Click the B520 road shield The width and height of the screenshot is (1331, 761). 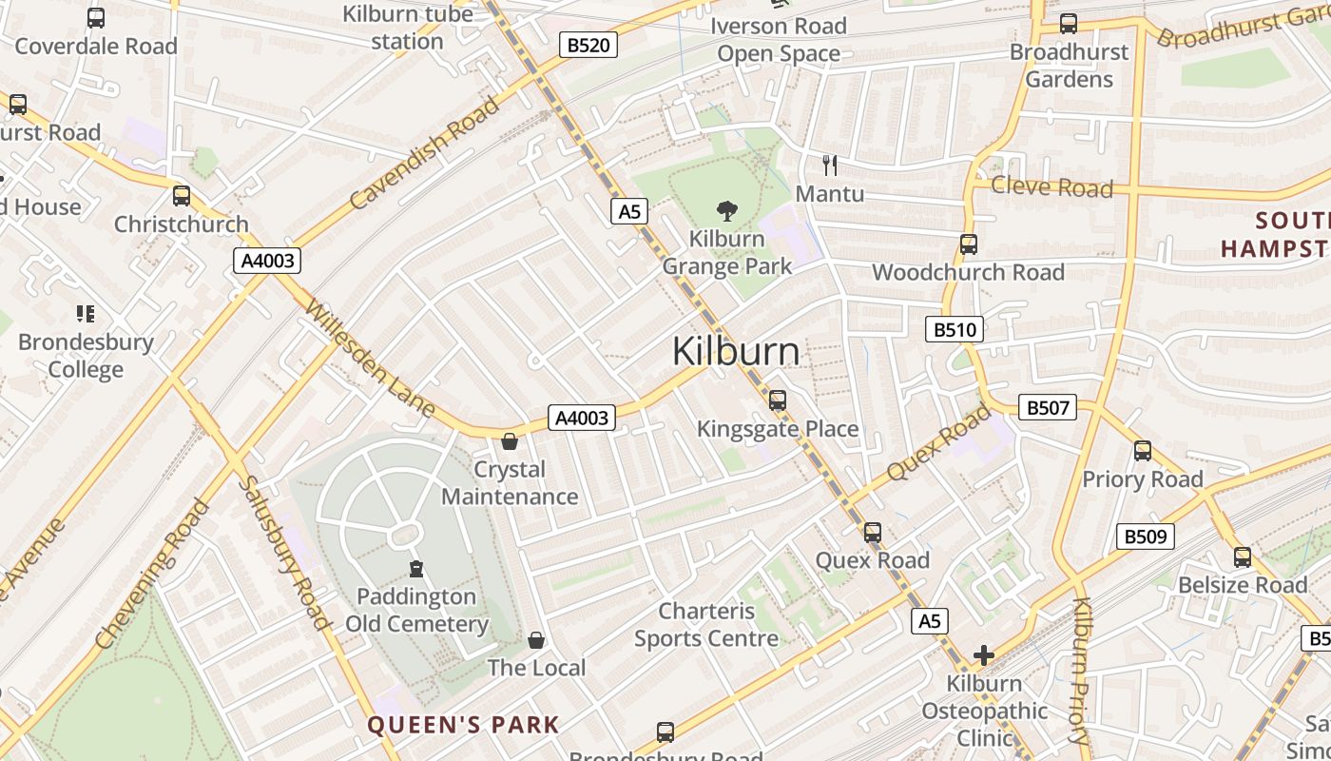(x=588, y=45)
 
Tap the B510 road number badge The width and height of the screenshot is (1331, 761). (x=954, y=330)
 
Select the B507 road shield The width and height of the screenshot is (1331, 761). (x=1048, y=408)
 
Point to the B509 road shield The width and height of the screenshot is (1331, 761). (x=1145, y=537)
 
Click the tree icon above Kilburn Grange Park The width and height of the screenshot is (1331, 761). (x=727, y=211)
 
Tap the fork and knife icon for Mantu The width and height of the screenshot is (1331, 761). (x=830, y=166)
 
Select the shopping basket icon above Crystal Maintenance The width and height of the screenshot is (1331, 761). (x=510, y=441)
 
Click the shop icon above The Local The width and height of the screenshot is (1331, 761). (x=536, y=640)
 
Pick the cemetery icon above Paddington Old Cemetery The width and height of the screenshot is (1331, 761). (x=415, y=569)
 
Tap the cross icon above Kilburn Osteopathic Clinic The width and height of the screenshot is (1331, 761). (x=983, y=655)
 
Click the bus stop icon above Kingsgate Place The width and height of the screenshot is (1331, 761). (x=778, y=400)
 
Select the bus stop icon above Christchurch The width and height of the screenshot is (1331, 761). (x=181, y=196)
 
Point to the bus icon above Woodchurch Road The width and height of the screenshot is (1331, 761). (x=968, y=244)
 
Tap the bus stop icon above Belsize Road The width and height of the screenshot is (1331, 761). (x=1242, y=557)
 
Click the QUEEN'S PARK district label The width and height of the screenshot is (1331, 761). (x=463, y=725)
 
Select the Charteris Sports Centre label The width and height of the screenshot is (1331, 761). (x=706, y=625)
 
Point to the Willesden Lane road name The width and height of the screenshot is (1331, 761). (x=370, y=360)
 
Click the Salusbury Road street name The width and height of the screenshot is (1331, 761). (x=282, y=552)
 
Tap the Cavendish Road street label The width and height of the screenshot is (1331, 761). (x=424, y=151)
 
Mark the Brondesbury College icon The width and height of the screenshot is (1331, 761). (x=86, y=313)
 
